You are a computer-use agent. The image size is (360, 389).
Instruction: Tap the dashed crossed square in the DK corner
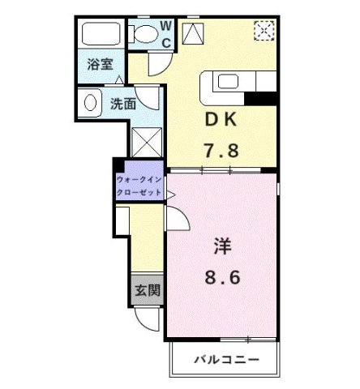click(x=264, y=30)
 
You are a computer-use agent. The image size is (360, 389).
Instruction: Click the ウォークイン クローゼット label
click(x=139, y=186)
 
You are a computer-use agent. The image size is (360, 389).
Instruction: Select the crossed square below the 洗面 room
click(x=146, y=143)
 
